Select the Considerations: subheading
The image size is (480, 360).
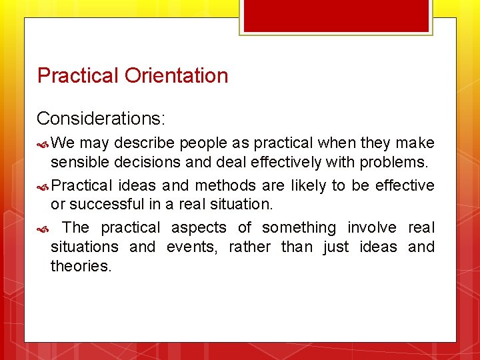pyautogui.click(x=101, y=119)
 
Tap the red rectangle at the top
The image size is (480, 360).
pyautogui.click(x=336, y=15)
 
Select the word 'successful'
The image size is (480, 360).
pyautogui.click(x=106, y=204)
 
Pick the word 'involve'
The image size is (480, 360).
pyautogui.click(x=373, y=228)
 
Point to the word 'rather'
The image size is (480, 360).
pyautogui.click(x=249, y=247)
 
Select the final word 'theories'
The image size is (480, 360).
pyautogui.click(x=80, y=266)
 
